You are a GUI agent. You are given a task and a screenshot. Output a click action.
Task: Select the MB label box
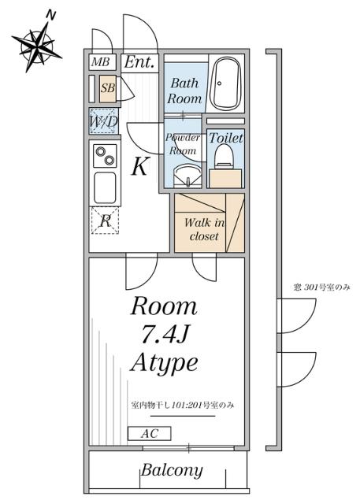point(100,62)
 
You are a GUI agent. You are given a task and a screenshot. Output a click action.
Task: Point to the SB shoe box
point(107,88)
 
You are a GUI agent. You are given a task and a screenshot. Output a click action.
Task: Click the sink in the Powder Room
point(186,173)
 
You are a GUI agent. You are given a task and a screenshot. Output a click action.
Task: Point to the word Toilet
point(226,138)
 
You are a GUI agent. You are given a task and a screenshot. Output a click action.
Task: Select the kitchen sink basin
point(104,187)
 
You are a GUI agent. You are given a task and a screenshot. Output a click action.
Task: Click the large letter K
point(139,167)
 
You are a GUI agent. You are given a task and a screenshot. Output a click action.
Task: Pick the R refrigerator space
point(104,221)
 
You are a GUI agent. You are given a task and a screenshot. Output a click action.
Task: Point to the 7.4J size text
point(164,334)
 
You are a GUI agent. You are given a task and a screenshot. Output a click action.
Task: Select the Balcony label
point(172,471)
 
